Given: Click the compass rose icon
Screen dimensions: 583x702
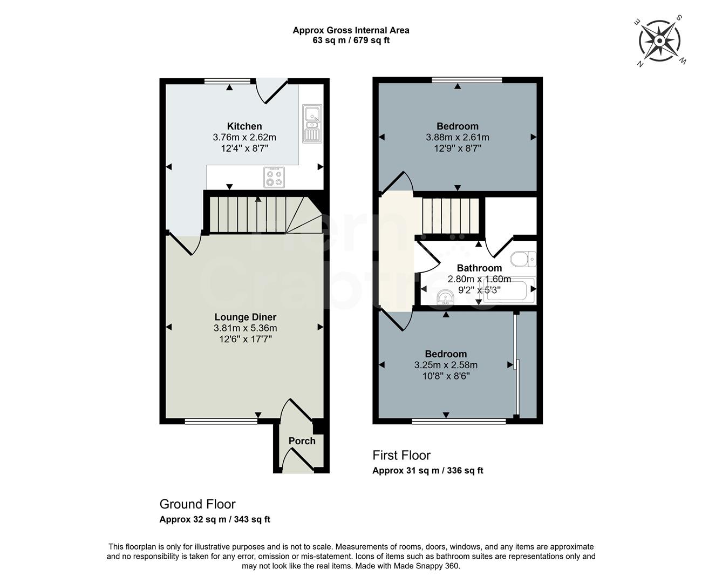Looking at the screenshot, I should [659, 41].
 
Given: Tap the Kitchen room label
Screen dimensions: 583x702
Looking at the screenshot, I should [244, 126].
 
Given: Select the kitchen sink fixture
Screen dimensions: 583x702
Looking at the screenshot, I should [312, 124].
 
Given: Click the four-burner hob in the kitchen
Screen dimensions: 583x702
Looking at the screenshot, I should [274, 177].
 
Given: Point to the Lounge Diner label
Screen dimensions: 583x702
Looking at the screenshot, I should [245, 317].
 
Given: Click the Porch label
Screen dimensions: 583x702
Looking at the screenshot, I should [302, 441].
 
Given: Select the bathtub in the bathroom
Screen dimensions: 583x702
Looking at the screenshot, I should [510, 291].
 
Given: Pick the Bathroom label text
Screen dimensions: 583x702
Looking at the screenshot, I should [479, 268].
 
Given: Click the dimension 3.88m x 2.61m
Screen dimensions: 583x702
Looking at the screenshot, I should [458, 138].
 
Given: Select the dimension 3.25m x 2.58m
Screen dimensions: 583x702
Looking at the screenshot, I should [446, 365].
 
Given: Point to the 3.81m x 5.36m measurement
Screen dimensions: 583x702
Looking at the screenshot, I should [245, 328].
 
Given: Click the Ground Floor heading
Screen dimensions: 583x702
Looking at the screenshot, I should [197, 504].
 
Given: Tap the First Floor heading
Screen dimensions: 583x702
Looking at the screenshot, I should [401, 455].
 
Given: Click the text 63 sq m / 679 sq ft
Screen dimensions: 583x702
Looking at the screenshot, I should [351, 40].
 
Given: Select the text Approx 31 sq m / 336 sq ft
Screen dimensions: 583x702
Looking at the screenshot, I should [427, 471].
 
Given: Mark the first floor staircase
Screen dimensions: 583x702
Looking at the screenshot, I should [449, 216].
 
